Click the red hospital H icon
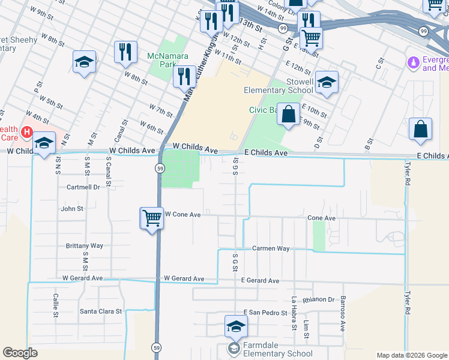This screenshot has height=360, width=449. (26, 131)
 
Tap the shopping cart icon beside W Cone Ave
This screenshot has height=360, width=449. (152, 217)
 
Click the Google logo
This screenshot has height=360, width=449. (20, 353)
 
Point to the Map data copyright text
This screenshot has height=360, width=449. (411, 355)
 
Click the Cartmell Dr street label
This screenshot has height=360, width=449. (83, 187)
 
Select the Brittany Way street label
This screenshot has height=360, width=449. (85, 246)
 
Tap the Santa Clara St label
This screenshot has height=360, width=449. (101, 311)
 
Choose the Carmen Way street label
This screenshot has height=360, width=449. (271, 248)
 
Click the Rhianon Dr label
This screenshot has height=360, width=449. (319, 299)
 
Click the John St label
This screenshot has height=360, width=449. (72, 209)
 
